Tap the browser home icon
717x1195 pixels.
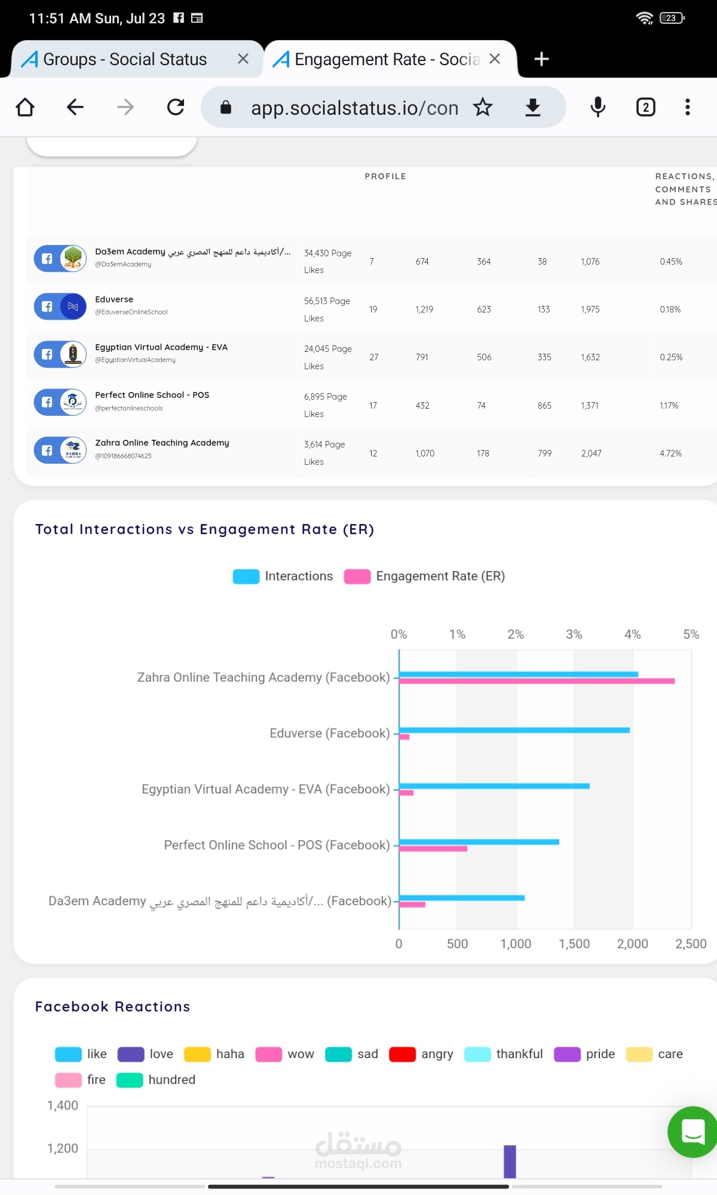25,108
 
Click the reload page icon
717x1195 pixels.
176,108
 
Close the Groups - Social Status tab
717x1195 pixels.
243,59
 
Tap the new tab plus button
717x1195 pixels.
541,59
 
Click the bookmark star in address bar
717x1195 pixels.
483,108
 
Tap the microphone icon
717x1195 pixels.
597,108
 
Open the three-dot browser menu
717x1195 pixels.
688,108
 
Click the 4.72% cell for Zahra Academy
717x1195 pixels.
670,454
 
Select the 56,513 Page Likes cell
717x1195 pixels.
327,309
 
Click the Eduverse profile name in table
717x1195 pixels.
114,299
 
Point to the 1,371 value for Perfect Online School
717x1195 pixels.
590,406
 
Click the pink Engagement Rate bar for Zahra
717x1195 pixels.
537,681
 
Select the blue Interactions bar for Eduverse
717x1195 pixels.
514,730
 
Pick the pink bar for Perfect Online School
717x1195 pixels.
433,848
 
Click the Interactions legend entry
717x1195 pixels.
283,576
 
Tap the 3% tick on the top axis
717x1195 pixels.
574,635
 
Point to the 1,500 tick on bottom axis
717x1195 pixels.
574,944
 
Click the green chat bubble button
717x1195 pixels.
693,1132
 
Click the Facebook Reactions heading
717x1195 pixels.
112,1007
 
